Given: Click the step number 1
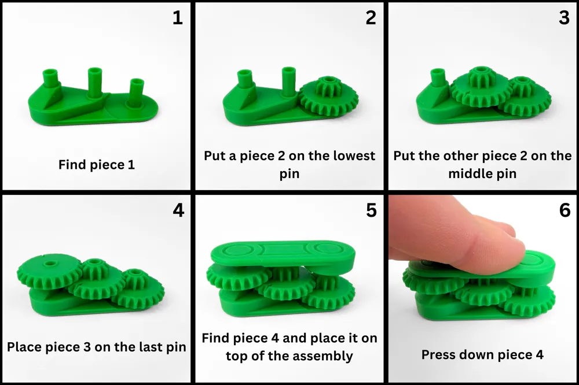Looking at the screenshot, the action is click(178, 18).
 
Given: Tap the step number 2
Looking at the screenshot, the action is click(371, 18).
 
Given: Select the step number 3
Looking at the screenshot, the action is click(564, 18).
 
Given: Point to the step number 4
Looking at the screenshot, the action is click(178, 210).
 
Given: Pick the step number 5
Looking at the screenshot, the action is click(371, 210).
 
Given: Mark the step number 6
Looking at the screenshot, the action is click(565, 210).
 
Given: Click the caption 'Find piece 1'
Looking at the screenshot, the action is click(96, 165).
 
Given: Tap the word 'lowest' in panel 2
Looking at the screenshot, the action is click(354, 156).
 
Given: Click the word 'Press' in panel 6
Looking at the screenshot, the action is click(437, 355).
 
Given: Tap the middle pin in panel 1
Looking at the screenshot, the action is click(95, 83).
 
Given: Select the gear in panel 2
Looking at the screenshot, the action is click(328, 96).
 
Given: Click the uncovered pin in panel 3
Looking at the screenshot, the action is click(438, 77).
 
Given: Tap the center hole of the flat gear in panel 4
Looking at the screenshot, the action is click(49, 264).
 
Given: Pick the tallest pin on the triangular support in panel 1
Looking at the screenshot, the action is click(50, 78).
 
